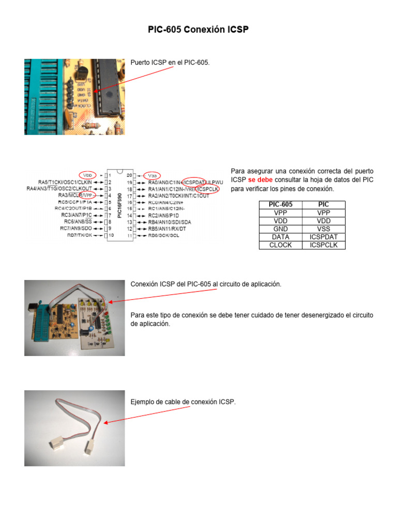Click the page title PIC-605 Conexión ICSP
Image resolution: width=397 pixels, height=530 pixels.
pyautogui.click(x=198, y=30)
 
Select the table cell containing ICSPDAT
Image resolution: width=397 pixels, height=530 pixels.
pyautogui.click(x=324, y=237)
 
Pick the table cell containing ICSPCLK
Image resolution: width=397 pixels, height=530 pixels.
pyautogui.click(x=324, y=245)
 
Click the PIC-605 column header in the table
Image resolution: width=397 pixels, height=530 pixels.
pyautogui.click(x=280, y=204)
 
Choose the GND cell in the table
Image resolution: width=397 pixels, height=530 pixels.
pyautogui.click(x=280, y=229)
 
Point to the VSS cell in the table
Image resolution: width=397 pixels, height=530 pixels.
pyautogui.click(x=324, y=229)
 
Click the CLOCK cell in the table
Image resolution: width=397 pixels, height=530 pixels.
pyautogui.click(x=280, y=245)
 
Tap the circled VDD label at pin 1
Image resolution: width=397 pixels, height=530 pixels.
pyautogui.click(x=88, y=175)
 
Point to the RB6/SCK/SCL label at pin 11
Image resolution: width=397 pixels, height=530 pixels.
pyautogui.click(x=164, y=235)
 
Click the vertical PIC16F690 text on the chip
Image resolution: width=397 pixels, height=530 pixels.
pyautogui.click(x=120, y=205)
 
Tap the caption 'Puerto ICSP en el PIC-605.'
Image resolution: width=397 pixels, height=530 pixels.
pyautogui.click(x=170, y=62)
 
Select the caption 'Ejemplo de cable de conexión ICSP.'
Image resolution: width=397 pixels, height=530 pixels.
pyautogui.click(x=182, y=402)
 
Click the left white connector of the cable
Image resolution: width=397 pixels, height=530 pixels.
pyautogui.click(x=56, y=444)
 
